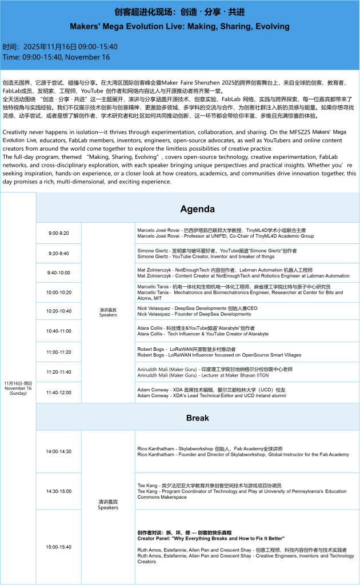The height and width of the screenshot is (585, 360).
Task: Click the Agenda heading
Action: point(198,209)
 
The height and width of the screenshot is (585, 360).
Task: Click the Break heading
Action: point(198,418)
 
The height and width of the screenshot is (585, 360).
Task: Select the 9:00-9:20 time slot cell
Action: point(58,233)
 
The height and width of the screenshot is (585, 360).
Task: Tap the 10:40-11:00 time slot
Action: point(58,331)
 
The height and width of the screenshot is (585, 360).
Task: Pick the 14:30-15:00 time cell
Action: point(58,491)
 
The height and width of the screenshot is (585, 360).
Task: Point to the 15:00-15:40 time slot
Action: point(58,547)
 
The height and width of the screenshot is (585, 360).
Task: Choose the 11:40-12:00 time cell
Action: point(58,392)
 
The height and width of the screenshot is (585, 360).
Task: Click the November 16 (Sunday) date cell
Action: point(18,388)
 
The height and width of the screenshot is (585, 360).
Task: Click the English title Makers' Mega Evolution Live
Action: point(180,26)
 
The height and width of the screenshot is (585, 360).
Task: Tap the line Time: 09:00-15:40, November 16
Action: point(57,57)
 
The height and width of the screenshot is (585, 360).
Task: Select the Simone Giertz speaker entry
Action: point(217,254)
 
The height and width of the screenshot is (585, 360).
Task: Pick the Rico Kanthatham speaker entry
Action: point(243,451)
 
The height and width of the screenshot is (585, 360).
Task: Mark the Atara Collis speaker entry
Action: point(203,331)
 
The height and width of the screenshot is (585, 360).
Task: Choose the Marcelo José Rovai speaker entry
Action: point(226,233)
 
